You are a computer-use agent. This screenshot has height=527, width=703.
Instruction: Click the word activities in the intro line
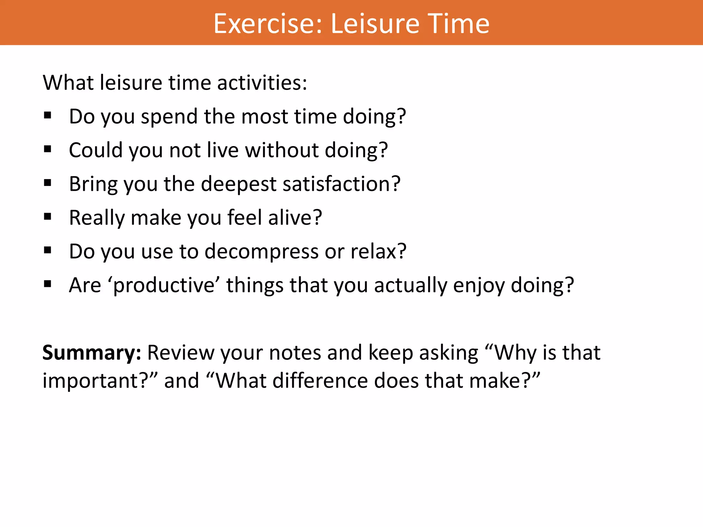[262, 83]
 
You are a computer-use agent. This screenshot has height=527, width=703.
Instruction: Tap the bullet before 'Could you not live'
[48, 149]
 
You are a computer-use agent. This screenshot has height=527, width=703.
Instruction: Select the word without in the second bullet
[282, 150]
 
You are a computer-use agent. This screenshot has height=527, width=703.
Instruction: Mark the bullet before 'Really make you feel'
[48, 216]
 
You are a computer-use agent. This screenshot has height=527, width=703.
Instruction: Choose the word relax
[378, 251]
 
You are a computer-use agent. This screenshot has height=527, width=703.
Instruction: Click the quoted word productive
[164, 285]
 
